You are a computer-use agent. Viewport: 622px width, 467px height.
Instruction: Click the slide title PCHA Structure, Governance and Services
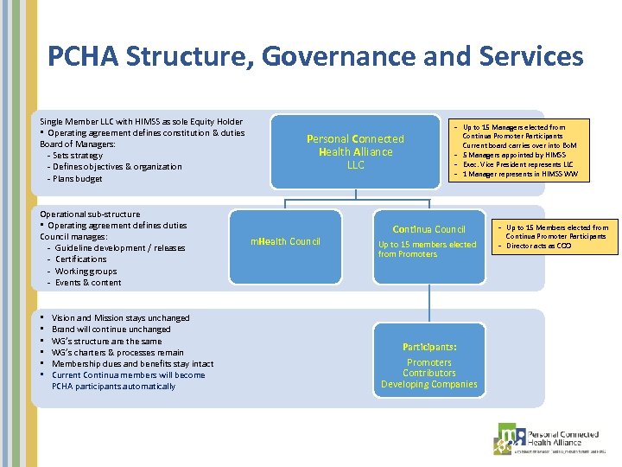pyautogui.click(x=315, y=57)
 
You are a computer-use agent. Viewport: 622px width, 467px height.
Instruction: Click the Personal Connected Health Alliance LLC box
pyautogui.click(x=355, y=151)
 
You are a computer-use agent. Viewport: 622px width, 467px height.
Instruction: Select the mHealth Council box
pyautogui.click(x=285, y=241)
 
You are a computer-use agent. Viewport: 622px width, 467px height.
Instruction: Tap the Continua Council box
pyautogui.click(x=428, y=241)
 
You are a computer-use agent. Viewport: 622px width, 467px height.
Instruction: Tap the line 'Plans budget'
pyautogui.click(x=78, y=178)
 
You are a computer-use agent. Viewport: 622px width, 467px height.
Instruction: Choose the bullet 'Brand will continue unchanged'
pyautogui.click(x=111, y=329)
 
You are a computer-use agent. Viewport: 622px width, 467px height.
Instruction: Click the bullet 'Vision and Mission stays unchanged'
pyautogui.click(x=120, y=317)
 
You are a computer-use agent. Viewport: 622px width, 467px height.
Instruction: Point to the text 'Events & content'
pyautogui.click(x=88, y=282)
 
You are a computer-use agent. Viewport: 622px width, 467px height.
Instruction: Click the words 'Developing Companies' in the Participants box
pyautogui.click(x=428, y=384)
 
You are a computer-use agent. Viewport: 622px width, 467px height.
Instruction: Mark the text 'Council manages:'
pyautogui.click(x=73, y=236)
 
